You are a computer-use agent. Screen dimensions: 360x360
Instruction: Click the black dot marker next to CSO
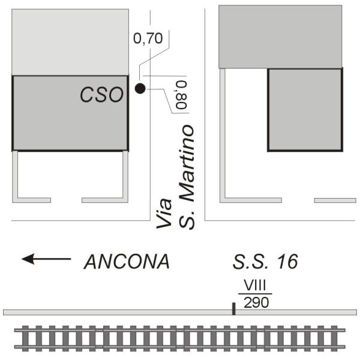pos(140,89)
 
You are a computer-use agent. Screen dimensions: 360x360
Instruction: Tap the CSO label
pos(103,94)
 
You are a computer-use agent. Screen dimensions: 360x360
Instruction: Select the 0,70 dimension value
pos(147,39)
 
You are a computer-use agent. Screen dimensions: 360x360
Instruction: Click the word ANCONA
pos(127,262)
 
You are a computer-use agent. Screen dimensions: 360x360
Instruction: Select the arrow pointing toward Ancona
pos(46,259)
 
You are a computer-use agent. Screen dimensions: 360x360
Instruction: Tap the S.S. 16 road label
pos(265,262)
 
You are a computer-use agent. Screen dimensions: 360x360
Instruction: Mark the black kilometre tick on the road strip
pos(233,308)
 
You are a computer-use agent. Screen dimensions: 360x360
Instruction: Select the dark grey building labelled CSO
pos(70,113)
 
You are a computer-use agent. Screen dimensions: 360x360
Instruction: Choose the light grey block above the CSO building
pos(70,42)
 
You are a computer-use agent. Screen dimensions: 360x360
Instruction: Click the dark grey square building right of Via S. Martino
pos(305,109)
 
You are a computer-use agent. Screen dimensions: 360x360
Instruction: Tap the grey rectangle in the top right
pos(280,37)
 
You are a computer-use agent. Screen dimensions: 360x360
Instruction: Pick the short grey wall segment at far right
pos(335,200)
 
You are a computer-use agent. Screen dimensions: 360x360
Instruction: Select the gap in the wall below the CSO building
pos(66,200)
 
